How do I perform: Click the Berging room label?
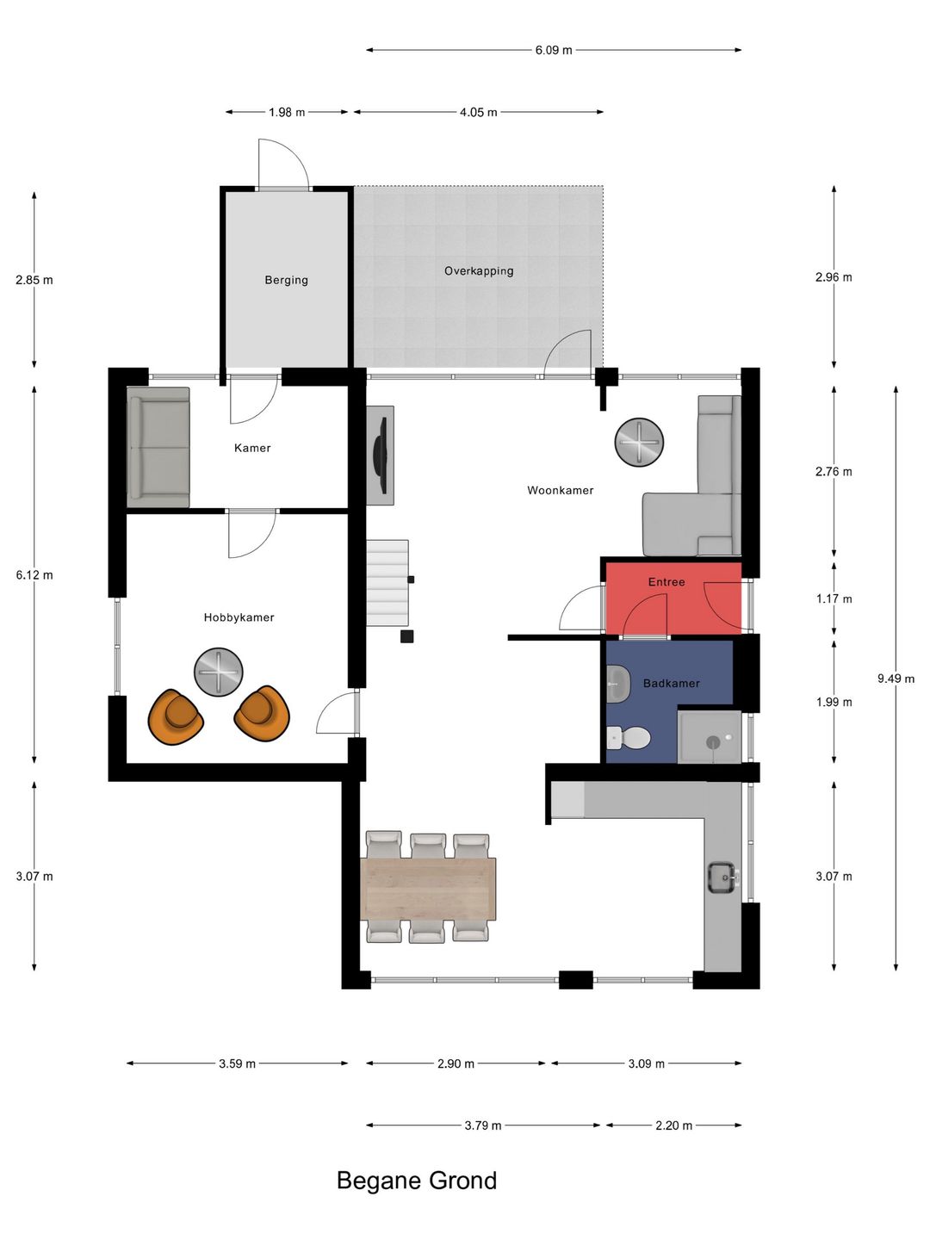[x=286, y=280]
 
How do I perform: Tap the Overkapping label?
[x=479, y=271]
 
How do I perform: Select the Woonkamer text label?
[x=560, y=490]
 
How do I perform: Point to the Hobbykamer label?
[x=239, y=617]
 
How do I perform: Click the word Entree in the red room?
[x=666, y=582]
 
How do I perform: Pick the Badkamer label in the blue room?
[x=672, y=684]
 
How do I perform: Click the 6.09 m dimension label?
[x=554, y=50]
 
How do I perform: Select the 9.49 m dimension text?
[x=896, y=679]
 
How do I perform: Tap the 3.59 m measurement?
[x=237, y=1063]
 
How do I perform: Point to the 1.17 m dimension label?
[x=834, y=598]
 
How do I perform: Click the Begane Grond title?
[x=417, y=1180]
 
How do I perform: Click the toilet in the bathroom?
[x=629, y=737]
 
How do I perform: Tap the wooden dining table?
[x=428, y=889]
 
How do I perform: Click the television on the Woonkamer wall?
[x=380, y=456]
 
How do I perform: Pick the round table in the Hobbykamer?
[x=219, y=673]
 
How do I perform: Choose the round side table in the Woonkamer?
[x=639, y=443]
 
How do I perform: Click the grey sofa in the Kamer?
[x=158, y=448]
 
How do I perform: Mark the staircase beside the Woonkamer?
[x=387, y=582]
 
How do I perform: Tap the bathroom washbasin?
[x=618, y=684]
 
